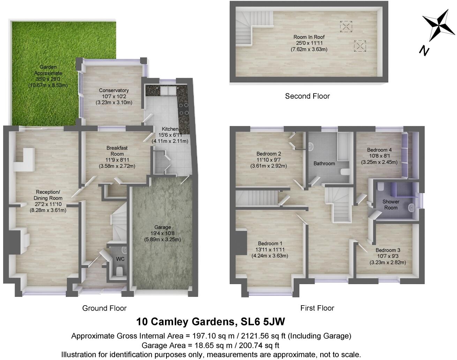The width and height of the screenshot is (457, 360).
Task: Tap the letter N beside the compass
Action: coord(424,51)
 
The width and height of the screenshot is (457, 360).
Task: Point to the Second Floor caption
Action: coord(307,96)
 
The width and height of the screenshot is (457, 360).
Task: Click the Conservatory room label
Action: coord(114,90)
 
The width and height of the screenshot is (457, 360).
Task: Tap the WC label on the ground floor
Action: coord(120,259)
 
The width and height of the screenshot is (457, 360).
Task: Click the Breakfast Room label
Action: coord(117,151)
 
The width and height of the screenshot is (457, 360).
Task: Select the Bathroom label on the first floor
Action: coord(324,163)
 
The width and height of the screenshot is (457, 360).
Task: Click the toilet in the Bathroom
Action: coord(345,172)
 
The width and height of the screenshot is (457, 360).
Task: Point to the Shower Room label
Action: coord(391,204)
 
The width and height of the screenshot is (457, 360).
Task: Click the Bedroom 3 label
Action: coord(388,250)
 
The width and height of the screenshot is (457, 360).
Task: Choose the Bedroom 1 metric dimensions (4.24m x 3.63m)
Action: coord(270,256)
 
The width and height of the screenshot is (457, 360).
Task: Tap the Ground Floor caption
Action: coord(104,308)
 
